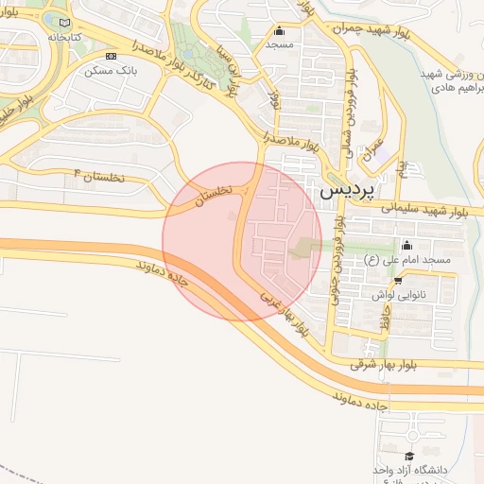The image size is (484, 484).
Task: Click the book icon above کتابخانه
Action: (64, 23)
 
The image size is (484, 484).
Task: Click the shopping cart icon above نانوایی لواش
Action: (398, 280)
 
